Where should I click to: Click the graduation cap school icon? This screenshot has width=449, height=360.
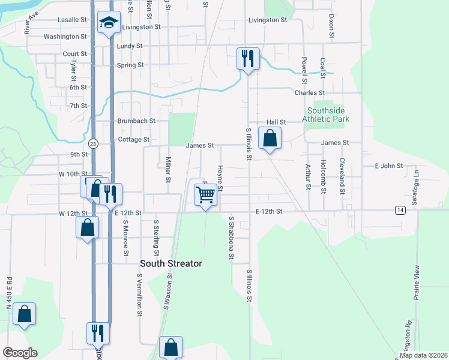pyautogui.click(x=108, y=23)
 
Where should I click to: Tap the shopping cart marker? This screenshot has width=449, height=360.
pyautogui.click(x=205, y=194)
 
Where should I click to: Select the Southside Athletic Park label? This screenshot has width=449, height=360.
pyautogui.click(x=328, y=115)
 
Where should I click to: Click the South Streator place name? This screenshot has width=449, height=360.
pyautogui.click(x=171, y=263)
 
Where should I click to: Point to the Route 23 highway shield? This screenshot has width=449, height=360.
pyautogui.click(x=93, y=144)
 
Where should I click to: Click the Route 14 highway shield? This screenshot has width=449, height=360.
pyautogui.click(x=400, y=209)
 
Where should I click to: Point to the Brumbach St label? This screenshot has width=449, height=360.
pyautogui.click(x=136, y=121)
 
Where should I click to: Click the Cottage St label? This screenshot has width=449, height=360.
pyautogui.click(x=134, y=140)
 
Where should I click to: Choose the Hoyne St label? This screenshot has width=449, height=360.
pyautogui.click(x=220, y=179)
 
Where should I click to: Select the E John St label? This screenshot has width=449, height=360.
pyautogui.click(x=388, y=166)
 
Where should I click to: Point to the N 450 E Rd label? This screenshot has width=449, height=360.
pyautogui.click(x=9, y=293)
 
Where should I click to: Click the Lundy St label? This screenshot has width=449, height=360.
pyautogui.click(x=130, y=46)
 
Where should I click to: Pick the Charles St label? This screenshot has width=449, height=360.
pyautogui.click(x=309, y=93)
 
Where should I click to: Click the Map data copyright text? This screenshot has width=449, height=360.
pyautogui.click(x=422, y=355)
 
